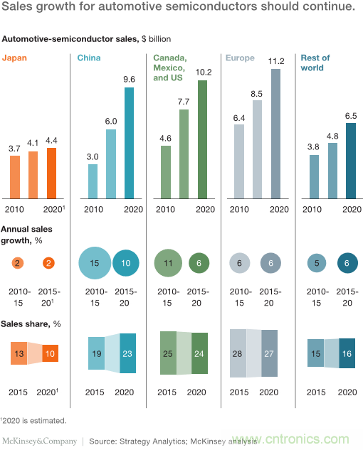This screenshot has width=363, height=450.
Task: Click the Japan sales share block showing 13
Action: [19, 353]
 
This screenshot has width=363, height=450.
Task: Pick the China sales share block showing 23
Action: [128, 353]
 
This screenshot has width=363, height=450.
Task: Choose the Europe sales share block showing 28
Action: [238, 353]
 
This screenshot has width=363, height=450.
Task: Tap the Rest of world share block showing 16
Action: [347, 353]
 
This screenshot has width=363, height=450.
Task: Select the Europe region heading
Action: [241, 58]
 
